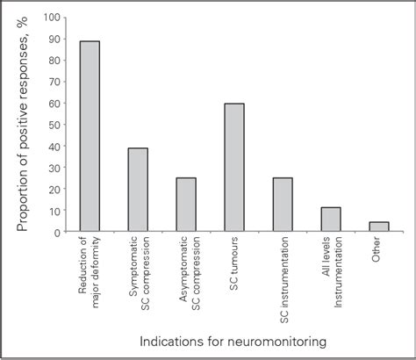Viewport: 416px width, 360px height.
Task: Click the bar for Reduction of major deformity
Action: [x=90, y=136]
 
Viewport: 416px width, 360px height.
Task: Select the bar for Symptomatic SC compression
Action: [x=138, y=190]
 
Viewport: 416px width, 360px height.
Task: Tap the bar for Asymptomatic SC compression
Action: [x=186, y=205]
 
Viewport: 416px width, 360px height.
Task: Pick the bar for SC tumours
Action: [x=233, y=168]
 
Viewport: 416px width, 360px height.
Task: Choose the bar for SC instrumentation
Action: [x=282, y=205]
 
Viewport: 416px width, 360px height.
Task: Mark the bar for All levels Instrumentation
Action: [x=330, y=220]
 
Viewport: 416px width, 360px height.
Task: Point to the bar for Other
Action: [x=377, y=227]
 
